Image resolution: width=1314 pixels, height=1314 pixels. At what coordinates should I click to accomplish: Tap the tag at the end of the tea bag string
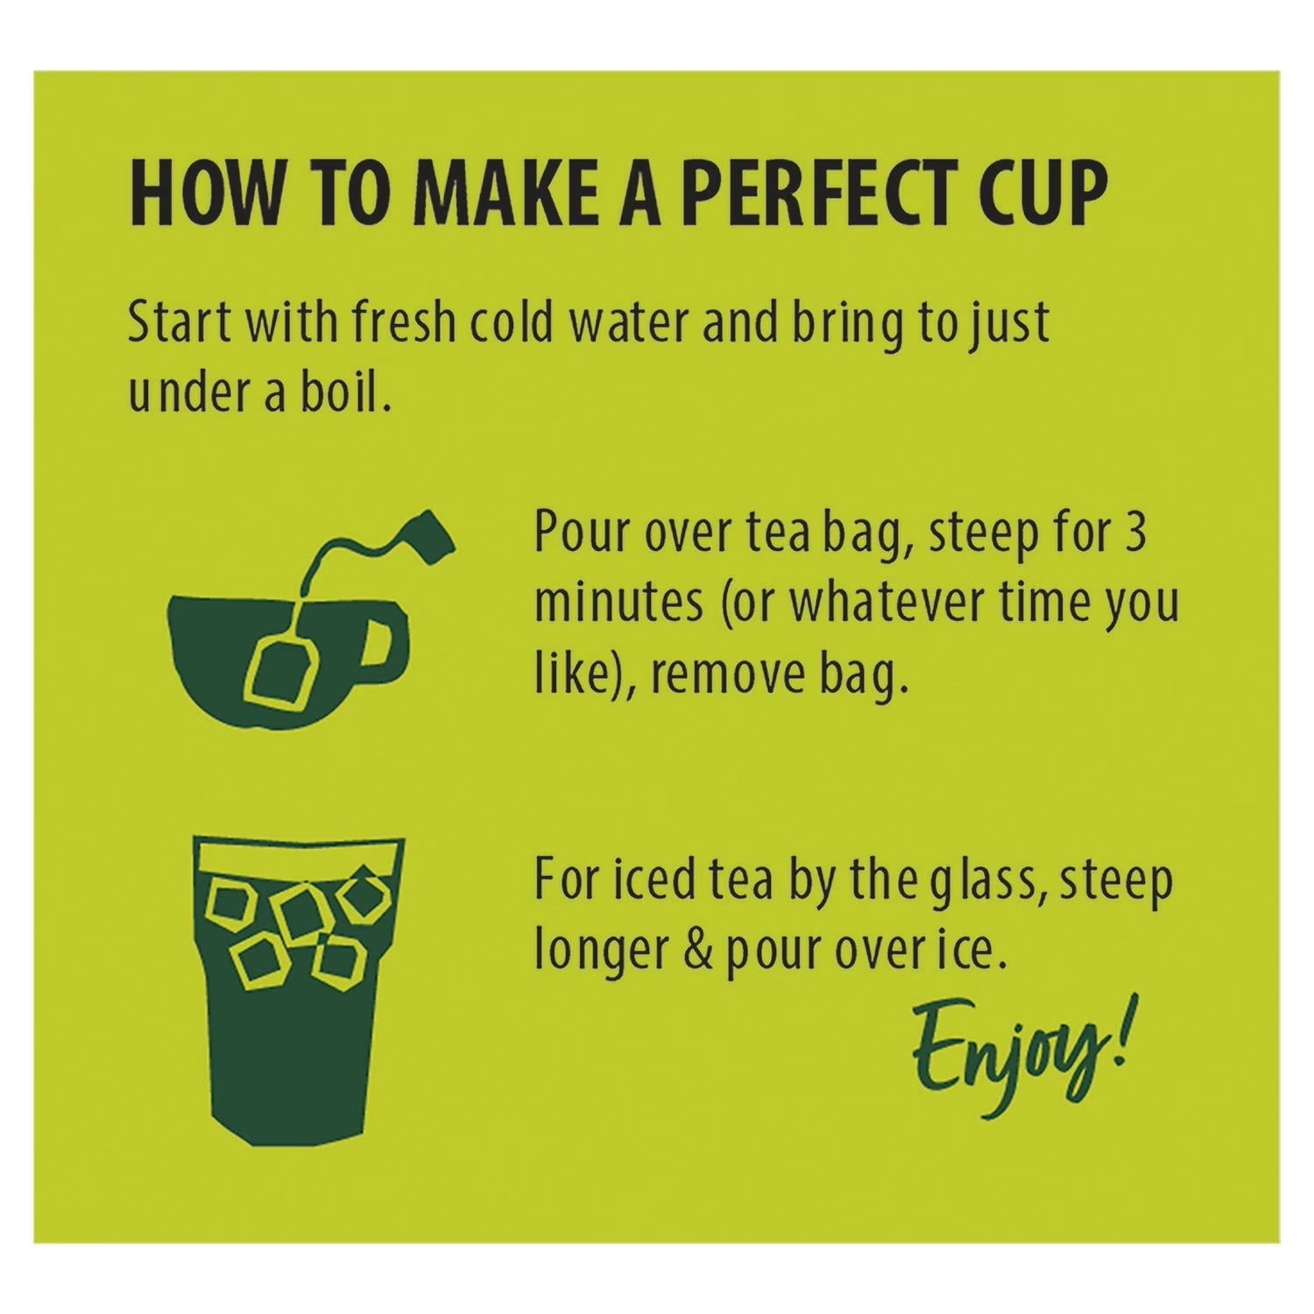[x=431, y=533]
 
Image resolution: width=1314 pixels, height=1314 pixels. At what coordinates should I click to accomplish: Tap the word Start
[x=179, y=322]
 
